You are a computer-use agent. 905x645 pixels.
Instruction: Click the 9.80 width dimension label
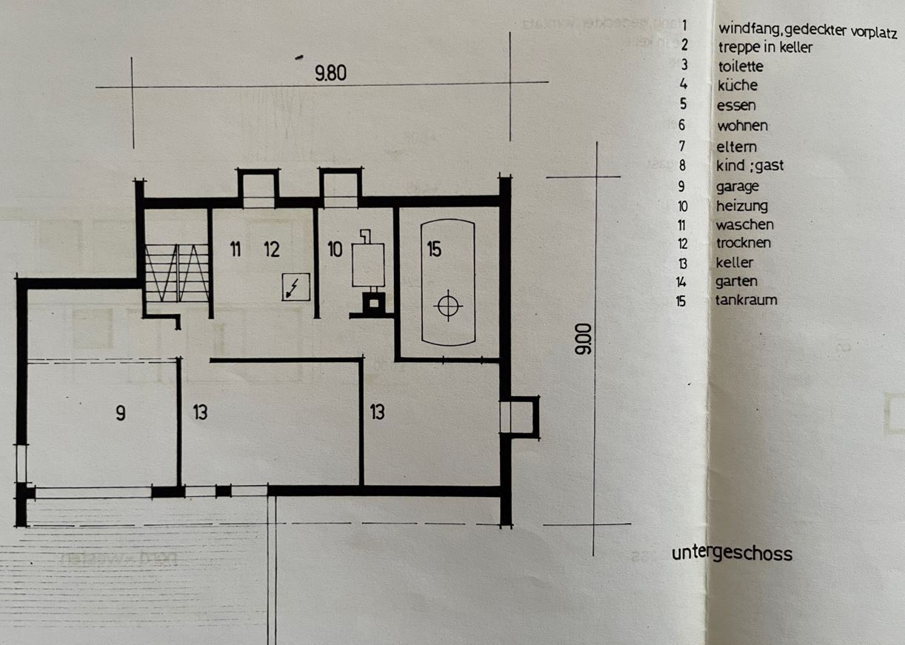[x=330, y=73]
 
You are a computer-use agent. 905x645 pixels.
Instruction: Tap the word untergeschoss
[x=732, y=553]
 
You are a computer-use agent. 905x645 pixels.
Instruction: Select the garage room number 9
[x=120, y=413]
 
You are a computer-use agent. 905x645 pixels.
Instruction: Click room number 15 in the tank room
[x=434, y=250]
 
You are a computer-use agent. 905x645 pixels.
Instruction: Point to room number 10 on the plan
[x=335, y=250]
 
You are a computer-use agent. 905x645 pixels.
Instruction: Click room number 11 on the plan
[x=235, y=250]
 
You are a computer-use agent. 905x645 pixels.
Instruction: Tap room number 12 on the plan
[x=272, y=250]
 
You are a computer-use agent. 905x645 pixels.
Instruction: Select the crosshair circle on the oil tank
[x=449, y=305]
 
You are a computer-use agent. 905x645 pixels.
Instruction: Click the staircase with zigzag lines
[x=177, y=273]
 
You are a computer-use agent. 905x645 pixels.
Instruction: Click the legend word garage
[x=737, y=187]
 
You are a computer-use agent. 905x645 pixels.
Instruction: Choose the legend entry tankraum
[x=746, y=300]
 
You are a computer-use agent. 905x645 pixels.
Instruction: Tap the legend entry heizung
[x=741, y=206]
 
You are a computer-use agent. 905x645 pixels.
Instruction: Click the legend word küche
[x=737, y=85]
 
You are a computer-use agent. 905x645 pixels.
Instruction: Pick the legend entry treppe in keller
[x=764, y=47]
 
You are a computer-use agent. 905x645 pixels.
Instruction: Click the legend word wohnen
[x=742, y=126]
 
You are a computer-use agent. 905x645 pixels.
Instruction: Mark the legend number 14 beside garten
[x=681, y=281]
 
